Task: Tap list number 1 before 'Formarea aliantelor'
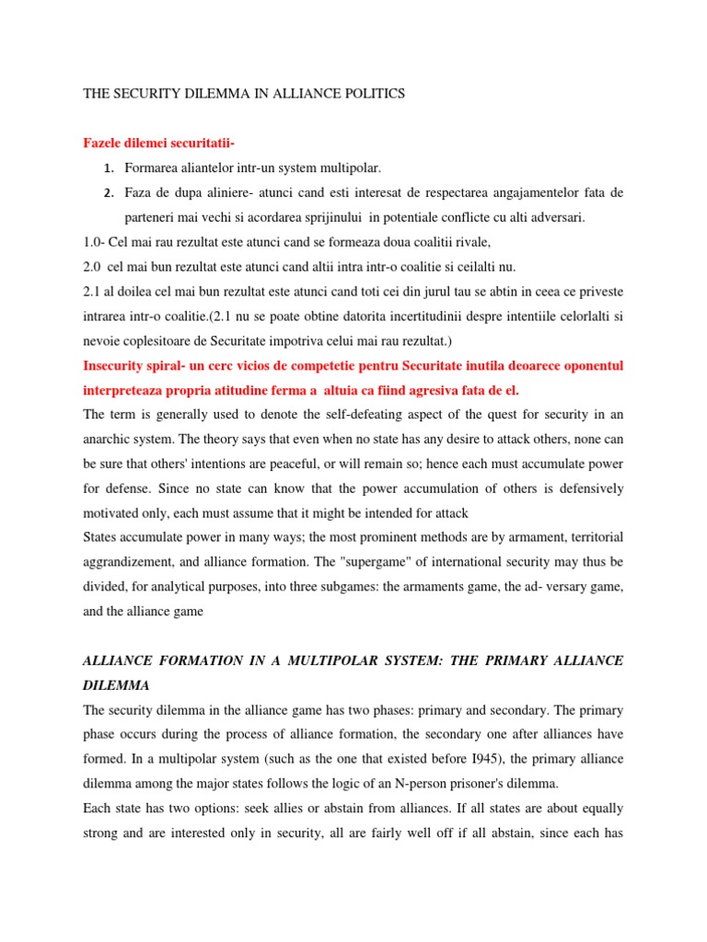point(108,168)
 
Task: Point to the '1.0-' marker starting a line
point(96,242)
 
